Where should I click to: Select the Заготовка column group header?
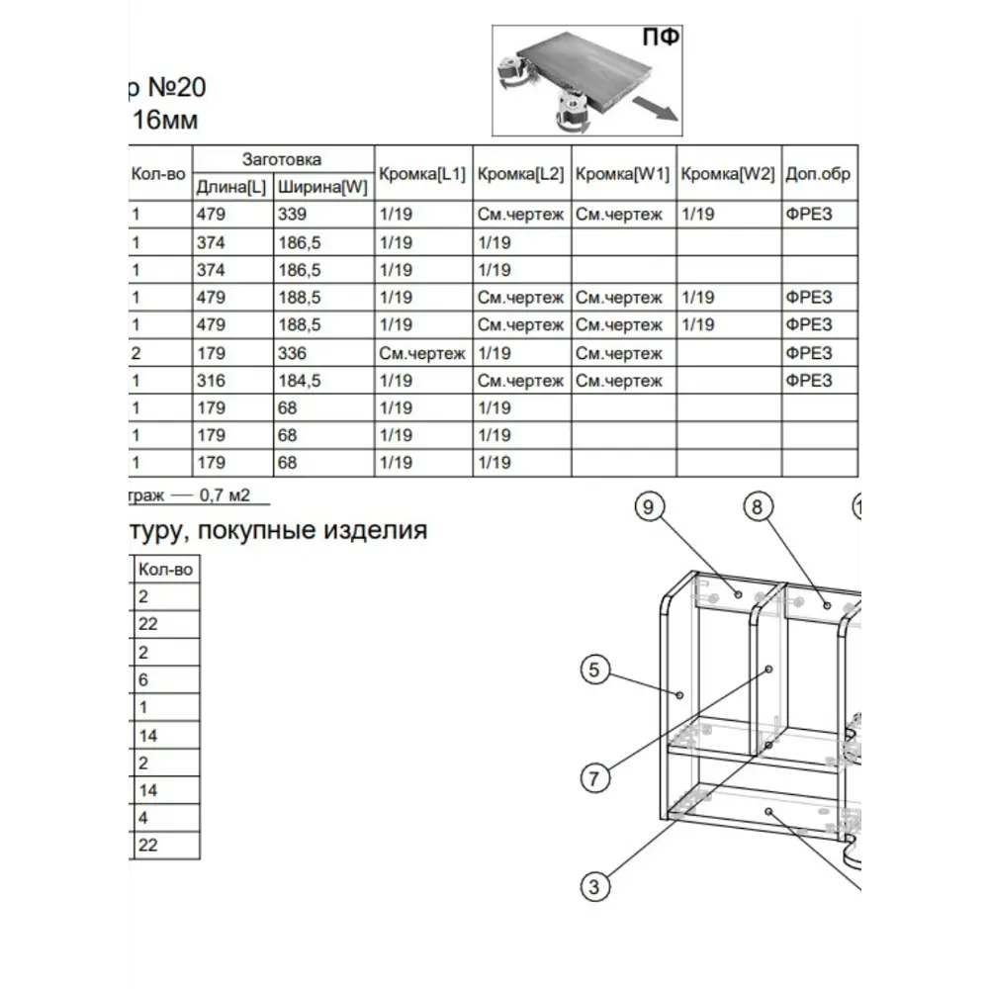pos(282,159)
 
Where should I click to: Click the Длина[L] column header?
pos(231,187)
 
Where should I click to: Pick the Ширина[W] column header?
pos(322,187)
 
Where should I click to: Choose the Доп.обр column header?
pos(818,174)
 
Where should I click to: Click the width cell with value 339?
pos(293,215)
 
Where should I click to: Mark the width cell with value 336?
pos(293,353)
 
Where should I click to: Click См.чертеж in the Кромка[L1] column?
pos(421,353)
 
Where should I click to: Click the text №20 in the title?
pos(177,88)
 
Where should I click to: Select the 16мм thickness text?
pos(165,121)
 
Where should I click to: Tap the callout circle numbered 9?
pos(648,508)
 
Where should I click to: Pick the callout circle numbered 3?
pos(593,886)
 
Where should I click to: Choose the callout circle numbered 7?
pos(593,777)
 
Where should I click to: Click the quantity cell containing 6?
pos(143,680)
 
